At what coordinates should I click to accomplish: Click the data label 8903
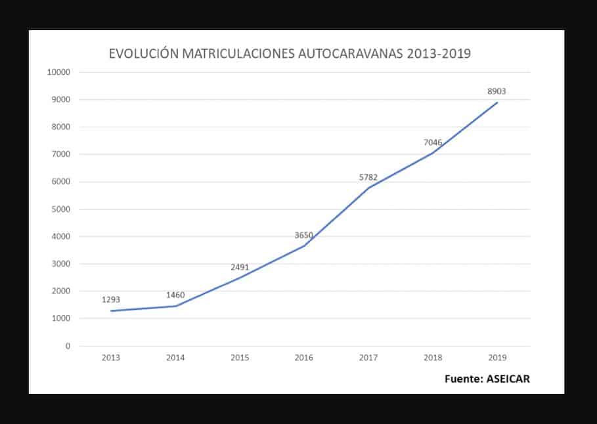click(x=497, y=92)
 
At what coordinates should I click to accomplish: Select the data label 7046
click(x=433, y=142)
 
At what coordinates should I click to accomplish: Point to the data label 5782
click(x=368, y=177)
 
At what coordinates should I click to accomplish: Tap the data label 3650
click(x=304, y=235)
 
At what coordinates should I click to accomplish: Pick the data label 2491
click(x=240, y=267)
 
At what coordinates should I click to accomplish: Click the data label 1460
click(x=175, y=295)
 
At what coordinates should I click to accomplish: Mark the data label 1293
click(x=111, y=300)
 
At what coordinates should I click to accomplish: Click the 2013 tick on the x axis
click(x=111, y=358)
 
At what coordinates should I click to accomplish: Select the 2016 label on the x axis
click(x=304, y=358)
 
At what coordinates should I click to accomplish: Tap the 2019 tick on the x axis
click(x=497, y=358)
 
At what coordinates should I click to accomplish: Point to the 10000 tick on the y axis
click(x=59, y=72)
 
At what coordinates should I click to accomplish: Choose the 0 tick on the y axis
click(x=68, y=346)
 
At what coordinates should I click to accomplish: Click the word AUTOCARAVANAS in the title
click(x=351, y=54)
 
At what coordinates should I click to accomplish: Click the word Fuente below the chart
click(x=462, y=379)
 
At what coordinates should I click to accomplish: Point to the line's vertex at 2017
click(x=368, y=188)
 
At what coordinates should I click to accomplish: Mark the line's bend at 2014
click(x=175, y=306)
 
